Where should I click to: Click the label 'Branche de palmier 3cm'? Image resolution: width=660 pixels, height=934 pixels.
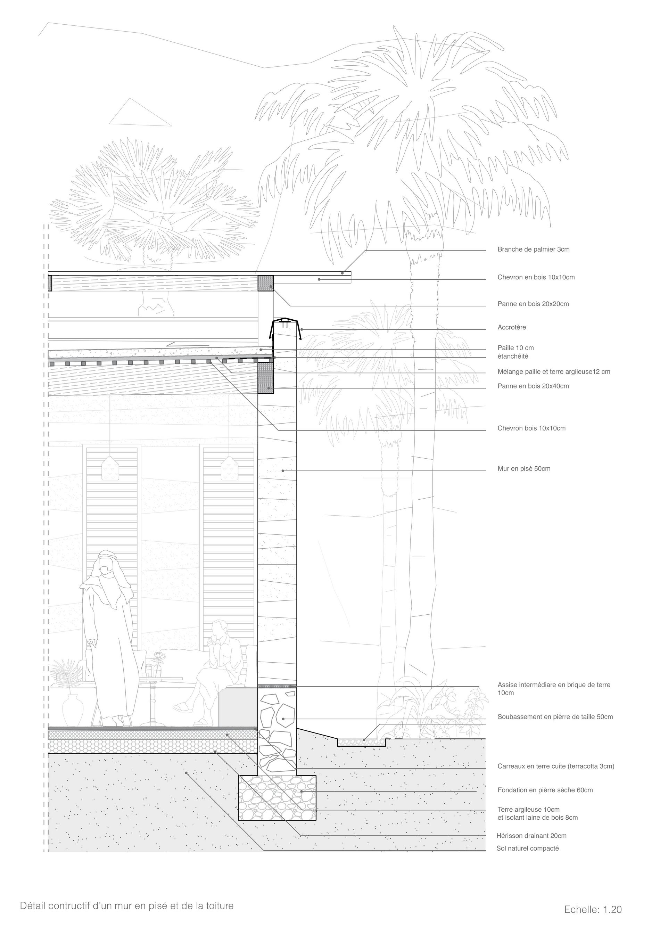[533, 249]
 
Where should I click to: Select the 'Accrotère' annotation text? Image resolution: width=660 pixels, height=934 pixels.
[512, 327]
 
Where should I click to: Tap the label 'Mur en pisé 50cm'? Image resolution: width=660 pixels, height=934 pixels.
[524, 469]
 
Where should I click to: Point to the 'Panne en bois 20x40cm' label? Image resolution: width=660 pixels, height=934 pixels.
[533, 386]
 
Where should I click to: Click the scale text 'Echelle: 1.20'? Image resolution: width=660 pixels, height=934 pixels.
[593, 909]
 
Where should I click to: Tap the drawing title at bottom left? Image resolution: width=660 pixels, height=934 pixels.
[127, 906]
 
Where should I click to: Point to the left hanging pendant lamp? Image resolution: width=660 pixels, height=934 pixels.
[110, 469]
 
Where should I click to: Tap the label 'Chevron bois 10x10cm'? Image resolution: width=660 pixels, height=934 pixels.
[531, 428]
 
